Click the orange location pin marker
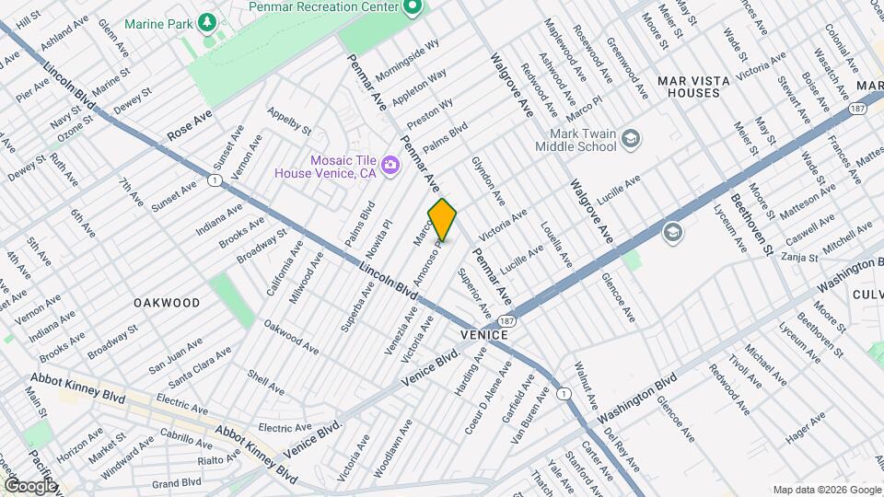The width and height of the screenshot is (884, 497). tap(443, 220)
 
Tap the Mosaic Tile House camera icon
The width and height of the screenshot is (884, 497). tap(390, 165)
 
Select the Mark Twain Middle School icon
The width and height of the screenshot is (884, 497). tap(631, 139)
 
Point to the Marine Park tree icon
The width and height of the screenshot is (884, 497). tap(210, 19)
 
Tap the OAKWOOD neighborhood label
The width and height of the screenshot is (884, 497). tap(167, 302)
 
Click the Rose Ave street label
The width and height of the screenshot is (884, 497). tap(190, 126)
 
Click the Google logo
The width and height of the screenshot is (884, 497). tap(29, 485)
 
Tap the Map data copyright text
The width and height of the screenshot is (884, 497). tap(825, 489)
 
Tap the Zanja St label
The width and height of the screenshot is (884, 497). tap(798, 258)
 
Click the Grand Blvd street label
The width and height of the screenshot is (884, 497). tap(177, 482)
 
